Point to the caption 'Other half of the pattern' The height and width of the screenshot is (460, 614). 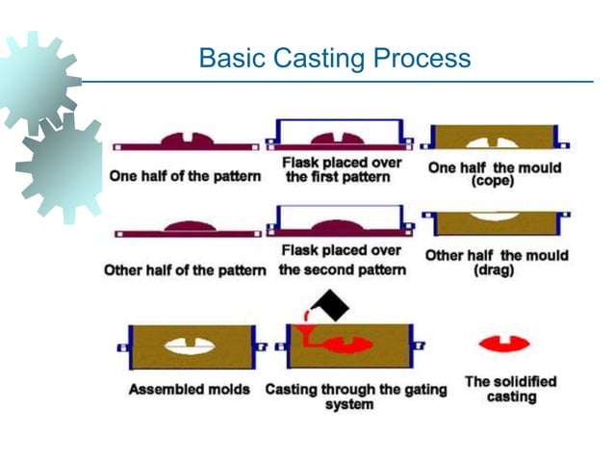coord(185,270)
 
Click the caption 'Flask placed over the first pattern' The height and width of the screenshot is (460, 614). coord(342,170)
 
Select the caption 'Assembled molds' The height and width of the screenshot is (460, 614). coord(189,390)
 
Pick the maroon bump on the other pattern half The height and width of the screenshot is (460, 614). coord(187,227)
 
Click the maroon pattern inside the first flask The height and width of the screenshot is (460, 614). coord(343,141)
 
